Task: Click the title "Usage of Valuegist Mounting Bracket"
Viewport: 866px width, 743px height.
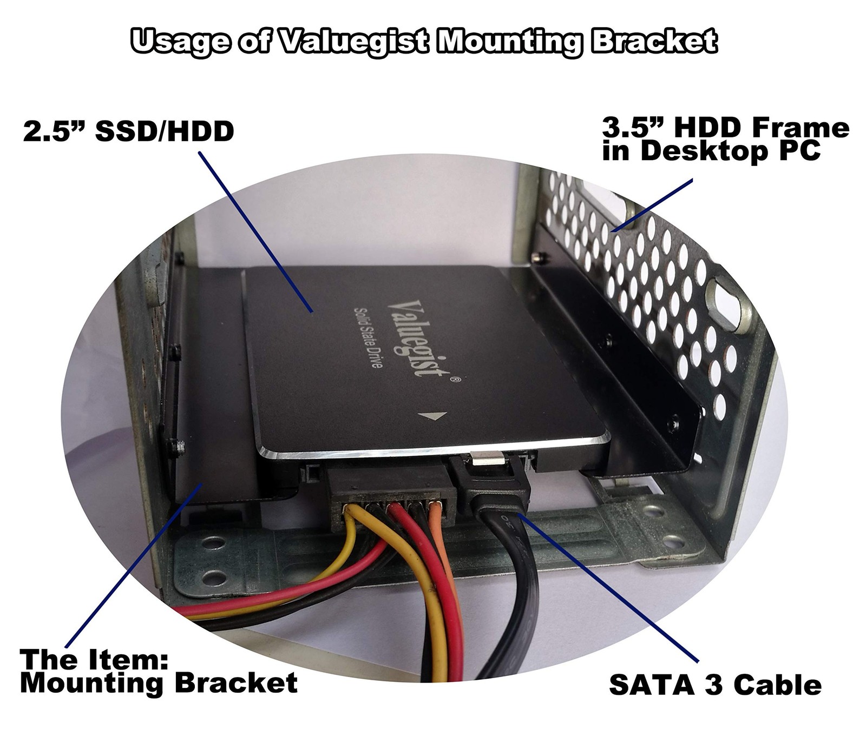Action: click(x=424, y=41)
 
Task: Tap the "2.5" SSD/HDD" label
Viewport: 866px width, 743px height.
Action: click(x=128, y=131)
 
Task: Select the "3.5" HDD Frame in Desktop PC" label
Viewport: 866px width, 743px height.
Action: click(x=726, y=140)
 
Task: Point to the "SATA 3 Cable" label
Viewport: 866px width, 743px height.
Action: click(x=715, y=685)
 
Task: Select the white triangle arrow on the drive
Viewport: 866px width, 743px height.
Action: click(x=432, y=416)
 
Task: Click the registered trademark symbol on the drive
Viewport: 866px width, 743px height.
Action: click(x=456, y=380)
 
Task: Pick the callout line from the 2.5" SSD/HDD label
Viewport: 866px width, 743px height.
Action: click(x=256, y=232)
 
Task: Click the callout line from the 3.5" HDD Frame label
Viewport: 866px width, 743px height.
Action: click(x=652, y=205)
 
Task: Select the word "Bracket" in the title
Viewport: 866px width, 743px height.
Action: click(x=655, y=41)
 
